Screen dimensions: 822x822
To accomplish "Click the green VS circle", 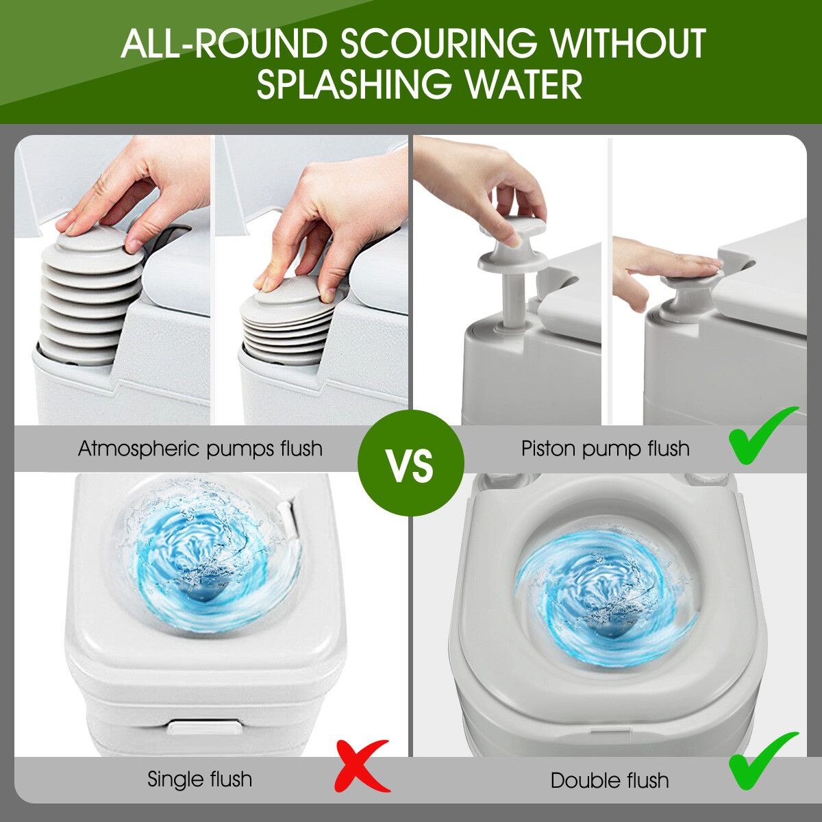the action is pyautogui.click(x=410, y=464).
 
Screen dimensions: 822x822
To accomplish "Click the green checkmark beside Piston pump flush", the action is pyautogui.click(x=762, y=436).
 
